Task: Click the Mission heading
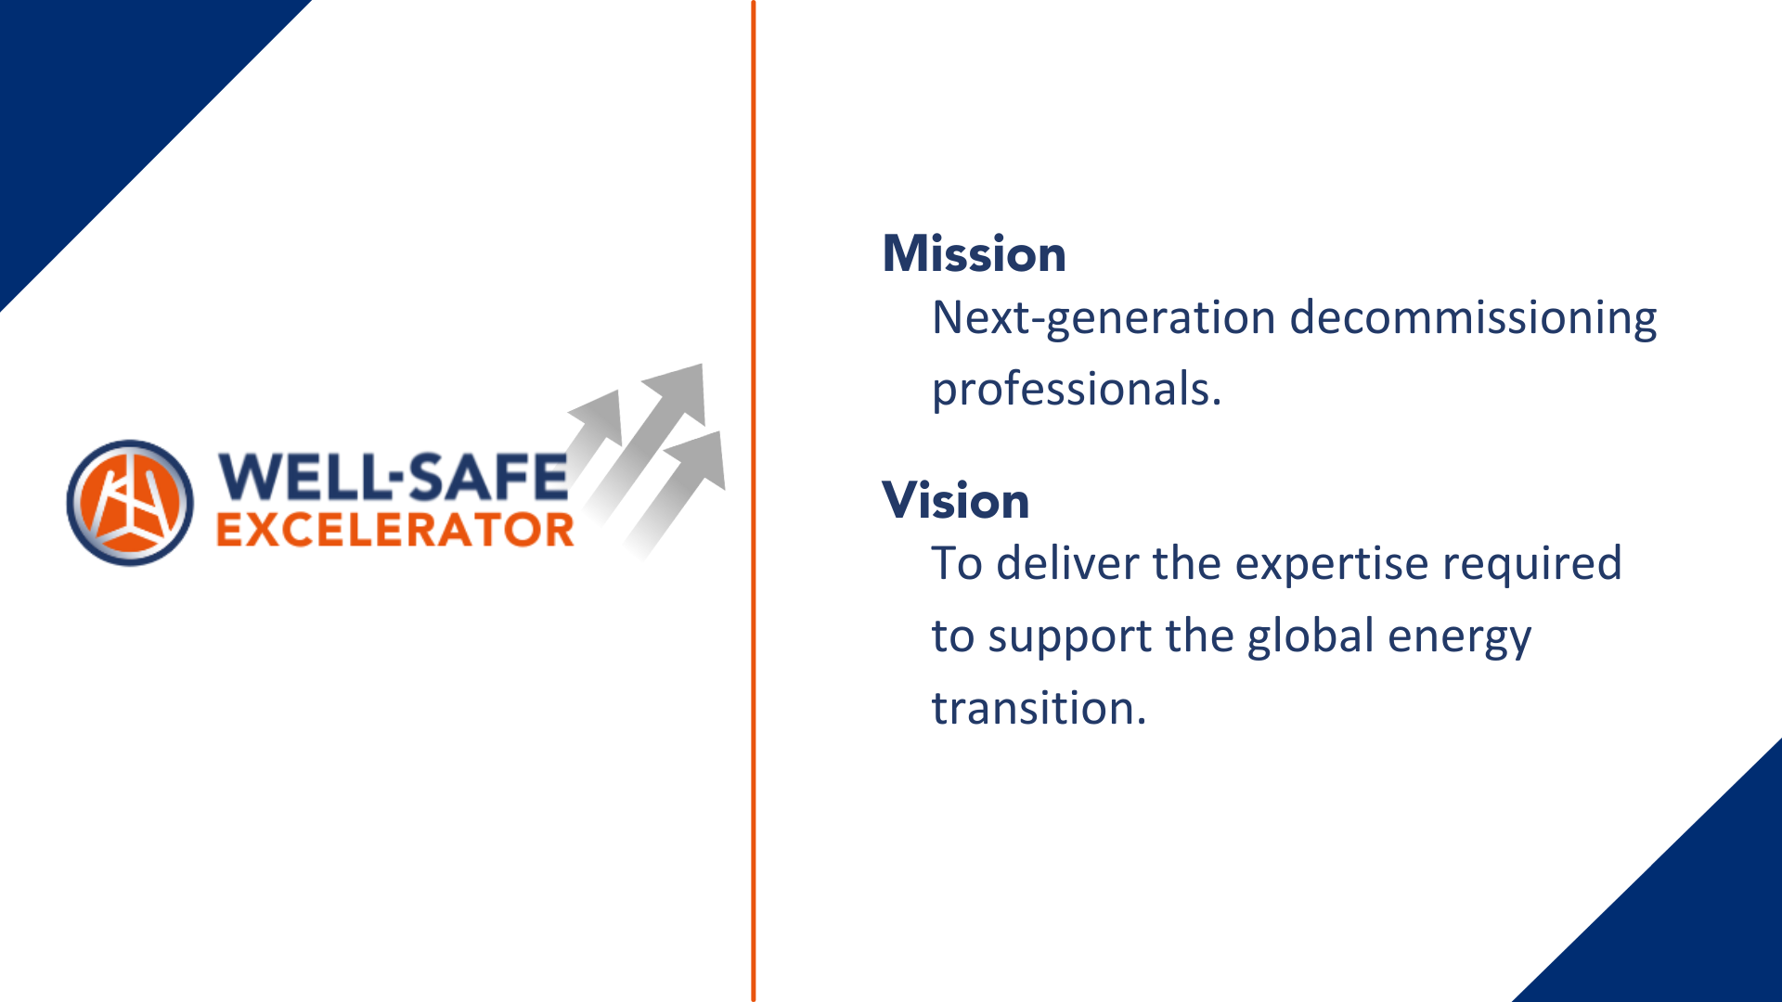click(x=974, y=253)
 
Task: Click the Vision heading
click(x=955, y=500)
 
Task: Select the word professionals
click(x=1077, y=390)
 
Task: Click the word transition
click(x=1039, y=708)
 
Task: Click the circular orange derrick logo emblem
click(x=130, y=503)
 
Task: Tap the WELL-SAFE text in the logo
click(x=392, y=477)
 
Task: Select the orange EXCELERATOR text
click(x=395, y=530)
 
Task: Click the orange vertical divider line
click(x=754, y=501)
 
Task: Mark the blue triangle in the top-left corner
click(x=102, y=102)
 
